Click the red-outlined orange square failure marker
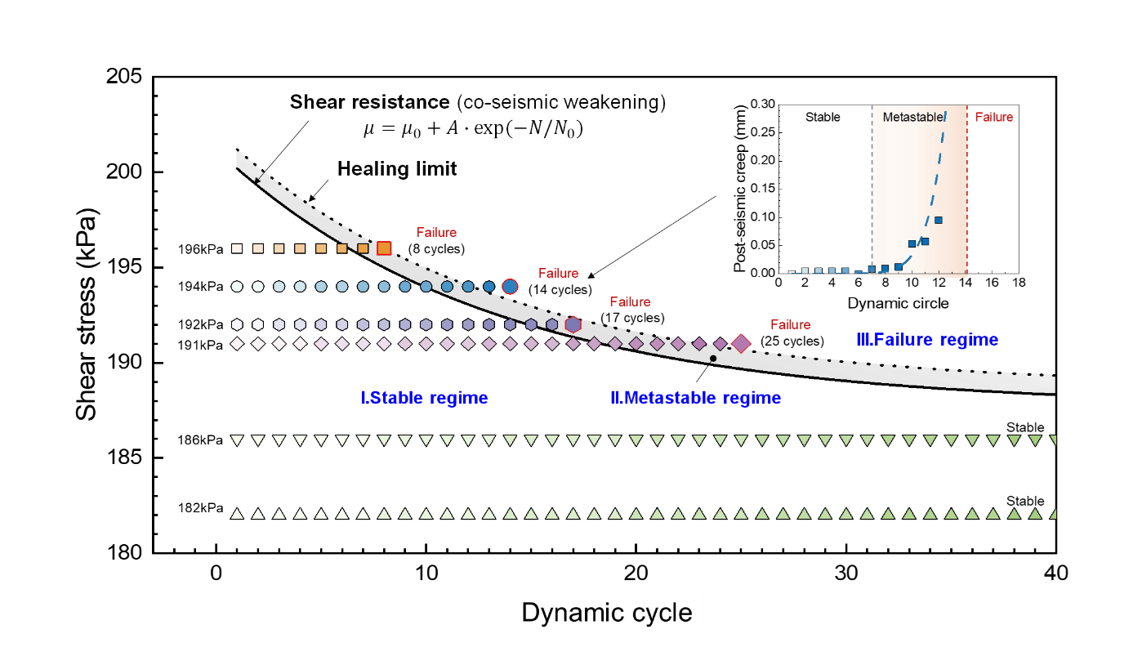coord(384,248)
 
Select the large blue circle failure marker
coord(510,287)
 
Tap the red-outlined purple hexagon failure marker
coord(573,324)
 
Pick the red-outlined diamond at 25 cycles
coord(741,343)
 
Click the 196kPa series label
coord(200,249)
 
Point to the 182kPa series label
coord(200,507)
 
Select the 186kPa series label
coord(200,440)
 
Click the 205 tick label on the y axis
coord(124,76)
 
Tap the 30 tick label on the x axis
coord(846,573)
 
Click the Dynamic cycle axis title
coord(606,613)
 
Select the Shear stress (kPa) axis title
coord(86,314)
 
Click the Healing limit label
coord(397,168)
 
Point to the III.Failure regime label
coord(927,339)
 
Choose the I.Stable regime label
coord(424,398)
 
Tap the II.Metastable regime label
coord(695,398)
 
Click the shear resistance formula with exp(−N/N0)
coord(474,129)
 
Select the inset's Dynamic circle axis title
coord(898,303)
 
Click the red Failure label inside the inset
coord(994,117)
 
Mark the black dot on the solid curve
coord(712,359)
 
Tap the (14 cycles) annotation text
coord(560,290)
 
